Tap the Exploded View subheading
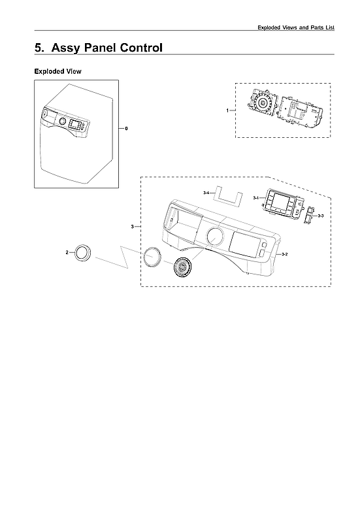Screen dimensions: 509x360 [57, 71]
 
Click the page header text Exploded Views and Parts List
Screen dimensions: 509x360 [296, 27]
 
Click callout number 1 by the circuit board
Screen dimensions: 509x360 [227, 110]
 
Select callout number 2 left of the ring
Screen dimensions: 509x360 [68, 252]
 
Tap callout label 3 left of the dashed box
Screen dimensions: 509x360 [133, 226]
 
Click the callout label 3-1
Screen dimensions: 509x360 [255, 197]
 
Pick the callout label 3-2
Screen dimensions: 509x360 [283, 252]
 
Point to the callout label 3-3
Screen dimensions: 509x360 [320, 215]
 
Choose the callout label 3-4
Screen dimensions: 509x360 [206, 193]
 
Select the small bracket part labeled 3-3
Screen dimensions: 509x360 [309, 215]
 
